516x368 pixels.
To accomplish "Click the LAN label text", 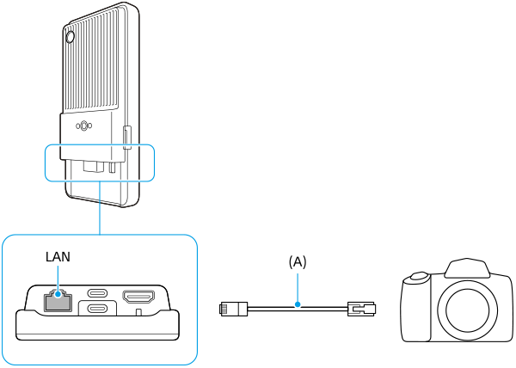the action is [x=58, y=256].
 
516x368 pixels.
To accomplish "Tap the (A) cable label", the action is [x=298, y=262].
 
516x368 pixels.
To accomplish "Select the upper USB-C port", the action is [x=97, y=292].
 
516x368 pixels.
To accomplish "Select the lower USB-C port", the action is [x=97, y=309].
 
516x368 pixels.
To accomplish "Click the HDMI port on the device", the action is [x=138, y=297].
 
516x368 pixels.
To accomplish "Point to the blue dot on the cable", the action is [x=298, y=304].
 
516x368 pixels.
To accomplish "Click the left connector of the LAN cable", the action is [x=233, y=310].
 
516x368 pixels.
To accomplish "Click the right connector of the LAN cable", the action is [x=362, y=310].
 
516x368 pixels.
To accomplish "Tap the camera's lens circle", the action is [x=467, y=310].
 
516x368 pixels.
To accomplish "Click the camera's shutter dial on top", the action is [x=418, y=277].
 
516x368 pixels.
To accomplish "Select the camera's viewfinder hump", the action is [x=467, y=267].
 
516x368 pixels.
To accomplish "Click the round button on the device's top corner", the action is [x=71, y=37].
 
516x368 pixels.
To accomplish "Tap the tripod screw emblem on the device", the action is [x=84, y=126].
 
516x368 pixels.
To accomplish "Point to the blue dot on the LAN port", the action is [x=58, y=295].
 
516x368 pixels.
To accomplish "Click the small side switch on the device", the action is [x=127, y=138].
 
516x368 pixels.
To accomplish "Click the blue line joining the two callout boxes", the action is [x=100, y=208].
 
